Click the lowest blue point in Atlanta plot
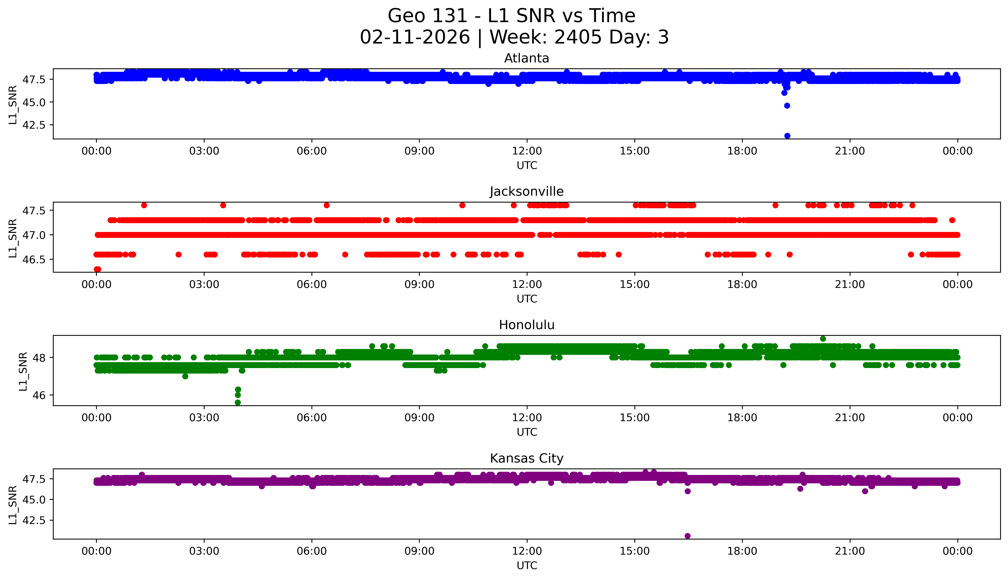tap(787, 136)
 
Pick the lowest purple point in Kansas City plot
tap(687, 536)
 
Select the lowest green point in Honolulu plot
tap(237, 402)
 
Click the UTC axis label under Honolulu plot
tap(527, 432)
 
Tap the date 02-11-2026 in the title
tap(415, 37)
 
